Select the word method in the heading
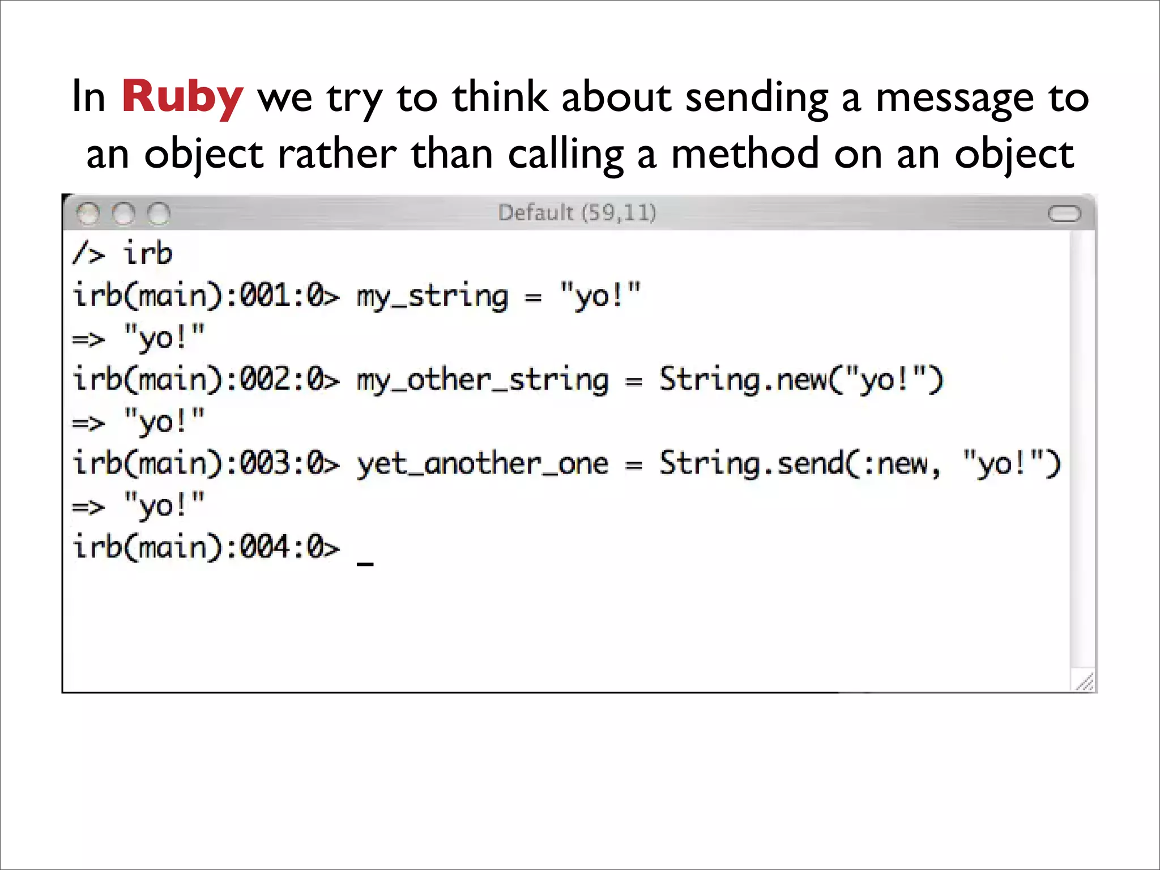tap(745, 154)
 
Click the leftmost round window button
tap(88, 214)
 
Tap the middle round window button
tap(123, 214)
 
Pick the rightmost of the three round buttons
tap(159, 214)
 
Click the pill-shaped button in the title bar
tap(1064, 214)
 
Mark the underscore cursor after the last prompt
tap(365, 562)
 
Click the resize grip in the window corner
tap(1084, 681)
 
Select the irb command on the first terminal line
tap(148, 253)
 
